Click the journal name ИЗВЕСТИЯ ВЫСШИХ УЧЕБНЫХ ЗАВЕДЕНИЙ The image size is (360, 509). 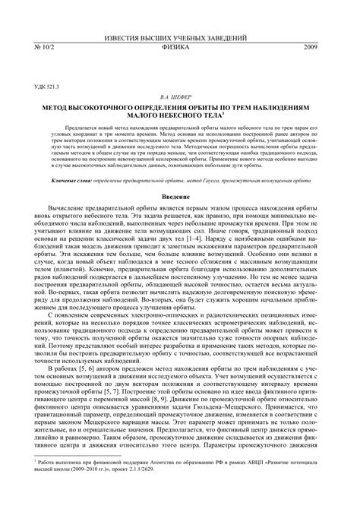point(179,36)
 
